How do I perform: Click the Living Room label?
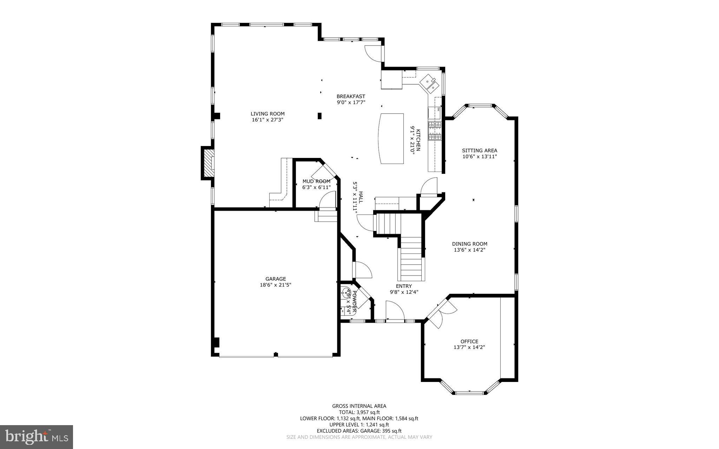[x=268, y=114]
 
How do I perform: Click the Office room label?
[x=469, y=342]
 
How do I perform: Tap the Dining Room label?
[x=469, y=244]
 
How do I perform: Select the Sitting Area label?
[x=480, y=151]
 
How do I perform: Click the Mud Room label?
[x=316, y=181]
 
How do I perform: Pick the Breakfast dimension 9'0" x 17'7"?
[x=351, y=103]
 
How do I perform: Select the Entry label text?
[x=404, y=286]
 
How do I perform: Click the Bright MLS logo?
[x=37, y=437]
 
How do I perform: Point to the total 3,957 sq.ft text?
[x=359, y=412]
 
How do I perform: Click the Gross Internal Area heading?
[x=359, y=406]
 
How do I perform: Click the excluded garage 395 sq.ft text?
[x=359, y=431]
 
